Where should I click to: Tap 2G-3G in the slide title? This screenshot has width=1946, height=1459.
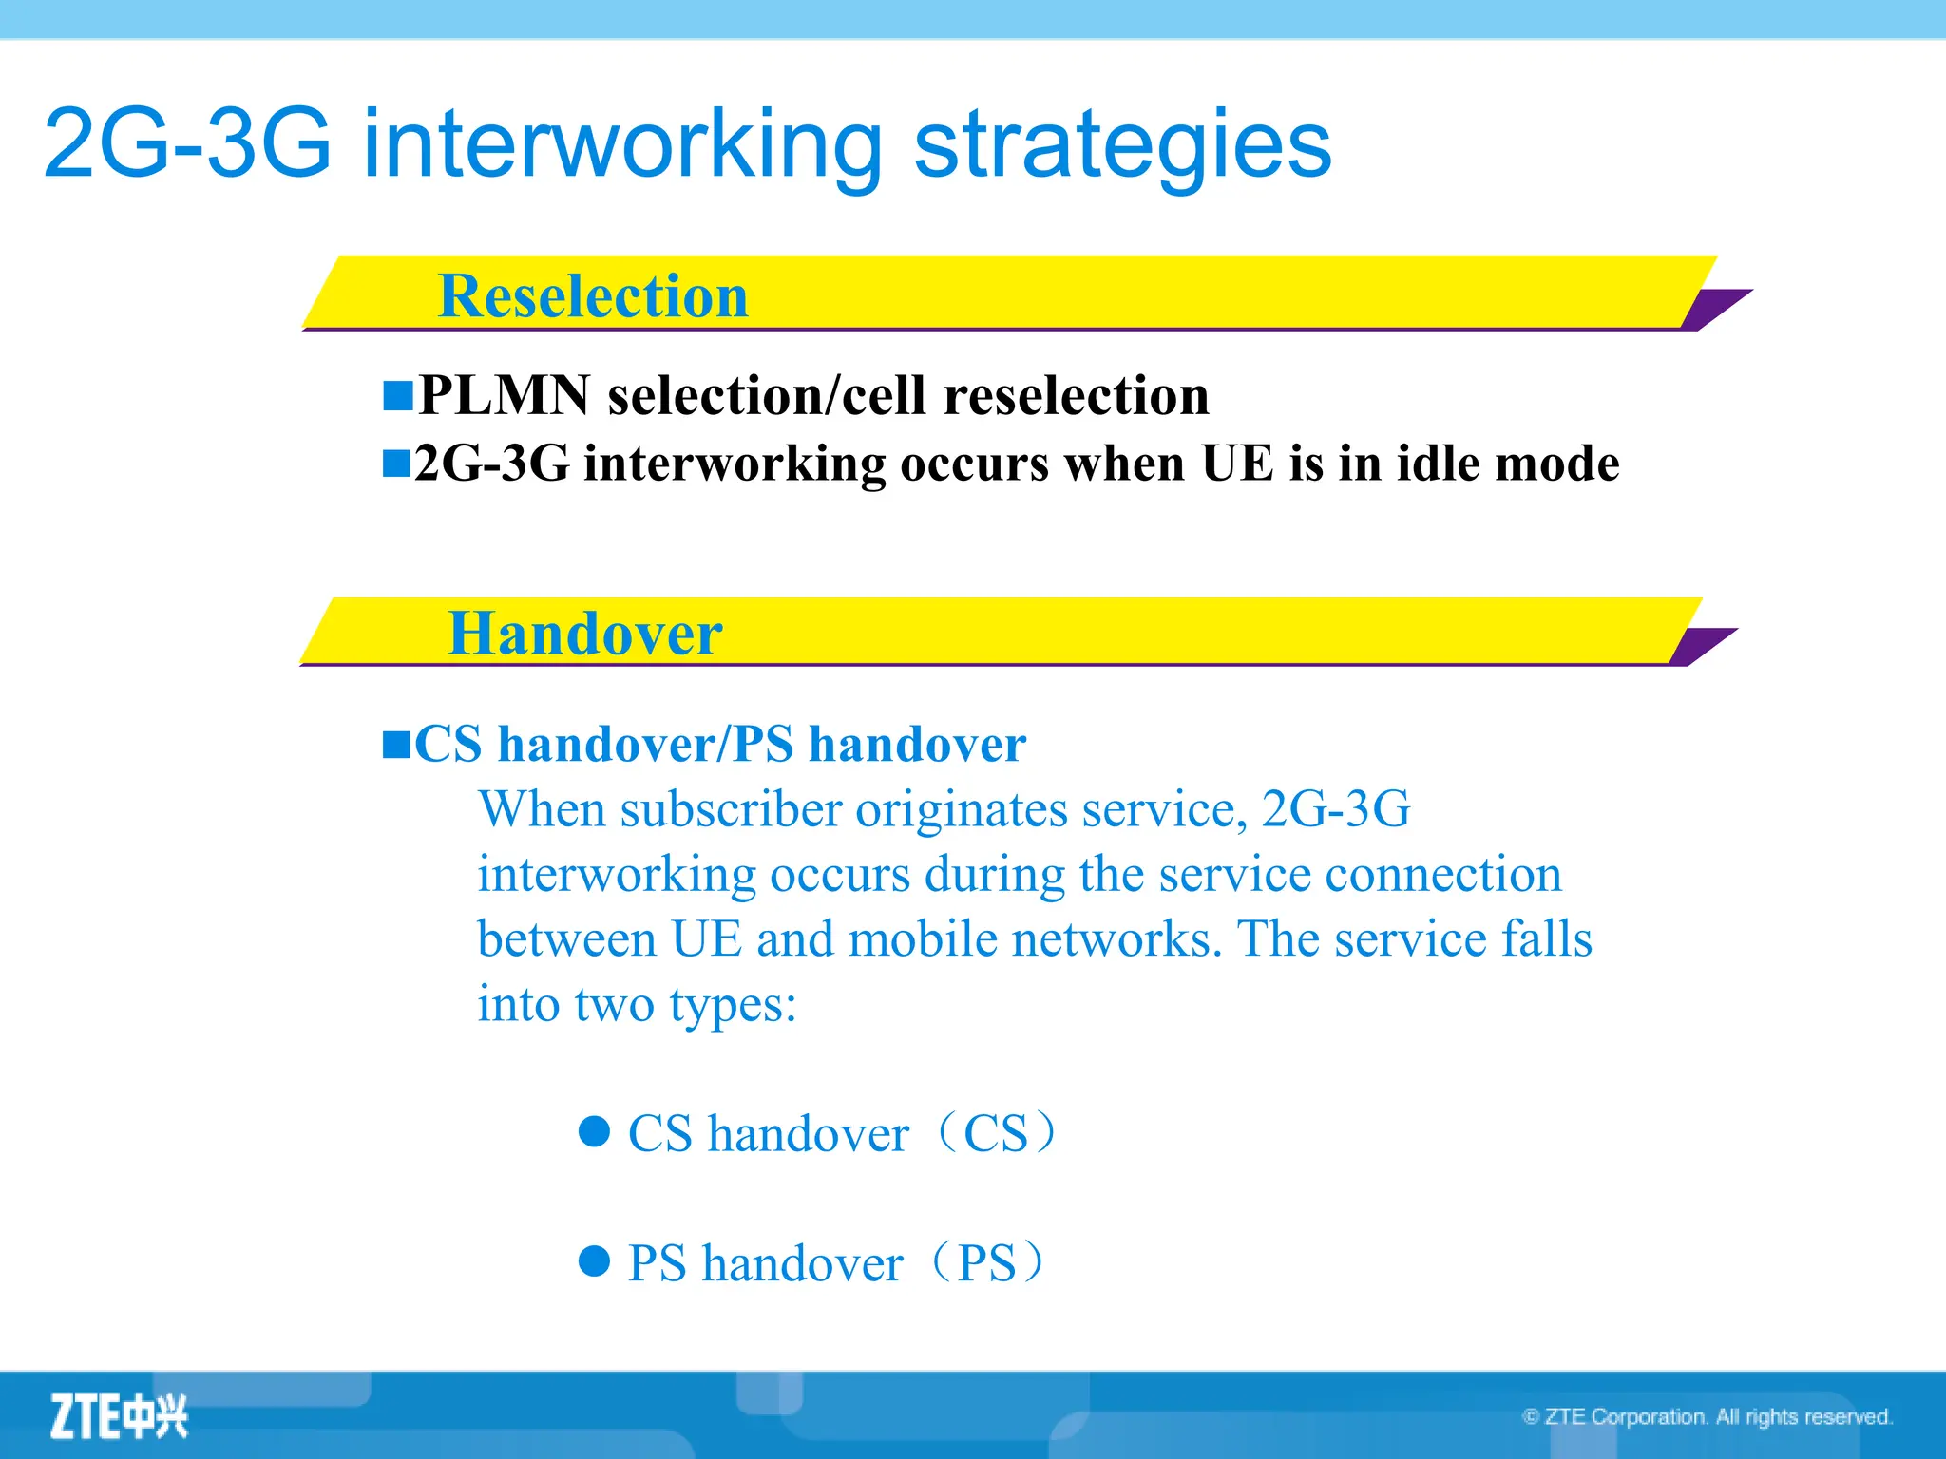pos(187,144)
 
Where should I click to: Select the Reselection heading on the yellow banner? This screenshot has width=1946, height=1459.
pos(593,296)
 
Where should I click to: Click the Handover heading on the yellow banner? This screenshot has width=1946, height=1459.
pos(584,634)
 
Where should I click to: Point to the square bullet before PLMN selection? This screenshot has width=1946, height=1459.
pos(397,395)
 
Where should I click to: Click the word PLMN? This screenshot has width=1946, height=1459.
pos(504,395)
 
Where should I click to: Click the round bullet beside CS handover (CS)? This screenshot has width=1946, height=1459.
pos(594,1131)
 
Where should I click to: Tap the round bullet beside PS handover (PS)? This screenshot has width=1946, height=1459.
pos(594,1261)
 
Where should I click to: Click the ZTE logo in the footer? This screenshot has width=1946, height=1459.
pos(119,1416)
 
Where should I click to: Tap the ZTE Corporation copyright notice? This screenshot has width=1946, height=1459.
pos(1708,1417)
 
